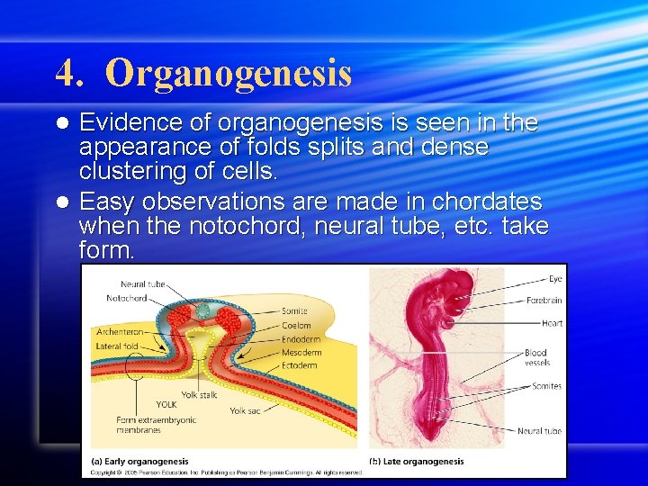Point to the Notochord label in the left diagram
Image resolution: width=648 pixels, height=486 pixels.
[127, 299]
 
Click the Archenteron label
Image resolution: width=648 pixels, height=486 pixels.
[119, 332]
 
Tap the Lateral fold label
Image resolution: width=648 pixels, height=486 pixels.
[117, 345]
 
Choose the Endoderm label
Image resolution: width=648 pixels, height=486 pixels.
[301, 339]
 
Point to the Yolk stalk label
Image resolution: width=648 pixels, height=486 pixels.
[200, 394]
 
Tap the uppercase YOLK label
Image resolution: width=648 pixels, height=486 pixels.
[166, 404]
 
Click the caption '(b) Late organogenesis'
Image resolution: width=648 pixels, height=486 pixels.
[417, 462]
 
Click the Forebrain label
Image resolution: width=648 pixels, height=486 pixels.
[544, 301]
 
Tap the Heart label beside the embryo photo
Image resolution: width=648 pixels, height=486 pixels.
[552, 323]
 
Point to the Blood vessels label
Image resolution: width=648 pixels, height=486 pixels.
[536, 357]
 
